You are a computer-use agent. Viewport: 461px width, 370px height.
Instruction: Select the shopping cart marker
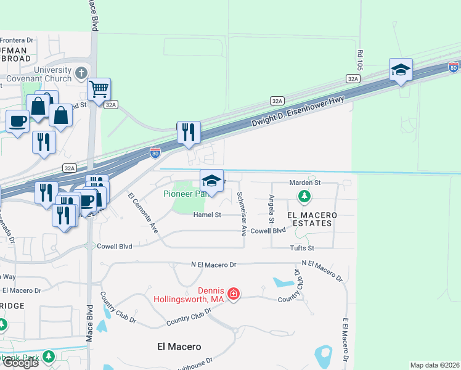(99, 89)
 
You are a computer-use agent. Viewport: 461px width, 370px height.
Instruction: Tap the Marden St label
(305, 183)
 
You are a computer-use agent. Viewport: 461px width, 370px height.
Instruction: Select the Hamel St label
(206, 215)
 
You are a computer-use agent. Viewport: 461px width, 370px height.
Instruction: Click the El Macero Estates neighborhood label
(312, 219)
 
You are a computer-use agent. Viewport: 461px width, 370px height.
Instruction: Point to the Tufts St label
(302, 248)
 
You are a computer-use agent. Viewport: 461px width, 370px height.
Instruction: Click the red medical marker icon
(234, 294)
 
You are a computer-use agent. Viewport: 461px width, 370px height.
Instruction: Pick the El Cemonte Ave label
(142, 213)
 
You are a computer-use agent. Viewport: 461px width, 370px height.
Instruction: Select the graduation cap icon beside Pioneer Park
(211, 181)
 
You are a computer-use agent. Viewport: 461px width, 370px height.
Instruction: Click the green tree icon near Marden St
(304, 197)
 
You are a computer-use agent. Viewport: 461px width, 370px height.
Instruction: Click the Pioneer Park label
(184, 194)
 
